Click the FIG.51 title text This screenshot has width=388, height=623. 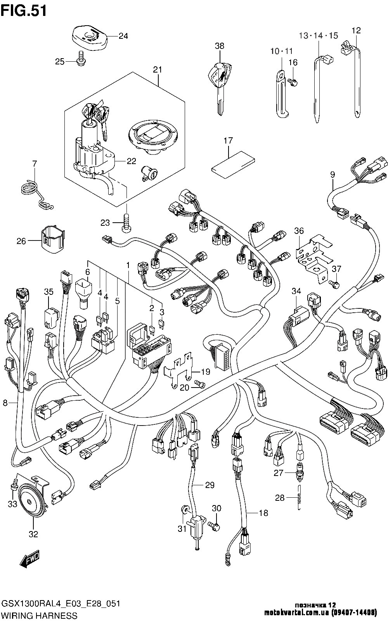pos(24,10)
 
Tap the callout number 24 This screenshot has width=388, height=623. pos(123,36)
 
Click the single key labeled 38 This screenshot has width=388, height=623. pos(219,81)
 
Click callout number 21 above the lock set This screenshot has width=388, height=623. pos(157,70)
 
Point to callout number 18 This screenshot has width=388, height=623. pos(263,513)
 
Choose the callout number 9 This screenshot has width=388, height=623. pos(333,175)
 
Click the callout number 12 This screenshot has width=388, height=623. pos(356,30)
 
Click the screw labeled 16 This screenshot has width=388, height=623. pos(294,82)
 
